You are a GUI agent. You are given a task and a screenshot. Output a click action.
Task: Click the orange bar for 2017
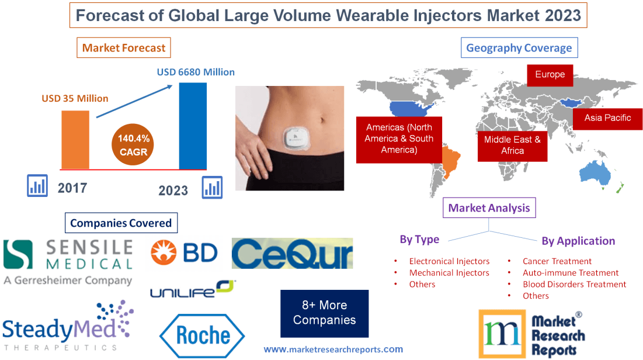click(75, 140)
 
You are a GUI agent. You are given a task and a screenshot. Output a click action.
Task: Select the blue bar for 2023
click(192, 126)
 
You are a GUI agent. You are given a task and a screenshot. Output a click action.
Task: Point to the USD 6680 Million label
click(196, 72)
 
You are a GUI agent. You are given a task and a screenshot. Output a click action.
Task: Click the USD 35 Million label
click(75, 98)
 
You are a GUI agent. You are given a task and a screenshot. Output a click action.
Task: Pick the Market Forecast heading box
click(124, 48)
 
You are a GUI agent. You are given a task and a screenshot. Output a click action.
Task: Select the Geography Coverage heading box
click(519, 48)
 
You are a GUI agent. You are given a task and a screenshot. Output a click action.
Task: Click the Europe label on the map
click(550, 75)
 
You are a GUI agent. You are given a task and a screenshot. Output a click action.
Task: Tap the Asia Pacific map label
click(607, 118)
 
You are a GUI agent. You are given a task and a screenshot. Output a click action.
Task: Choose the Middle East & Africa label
click(512, 145)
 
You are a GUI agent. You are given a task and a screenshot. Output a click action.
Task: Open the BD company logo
click(184, 252)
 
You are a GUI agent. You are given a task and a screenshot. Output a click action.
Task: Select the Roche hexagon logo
click(202, 335)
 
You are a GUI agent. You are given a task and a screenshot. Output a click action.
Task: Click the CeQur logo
click(292, 254)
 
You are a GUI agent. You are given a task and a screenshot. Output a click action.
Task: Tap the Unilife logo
click(192, 289)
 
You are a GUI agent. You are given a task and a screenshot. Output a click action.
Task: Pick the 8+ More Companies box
click(324, 313)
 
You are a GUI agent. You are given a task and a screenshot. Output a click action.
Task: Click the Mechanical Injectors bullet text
click(449, 273)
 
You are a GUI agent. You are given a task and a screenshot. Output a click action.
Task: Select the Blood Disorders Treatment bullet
click(574, 285)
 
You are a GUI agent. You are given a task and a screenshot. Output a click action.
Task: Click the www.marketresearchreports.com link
click(333, 349)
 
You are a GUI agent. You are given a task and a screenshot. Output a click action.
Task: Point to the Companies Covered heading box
click(121, 223)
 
